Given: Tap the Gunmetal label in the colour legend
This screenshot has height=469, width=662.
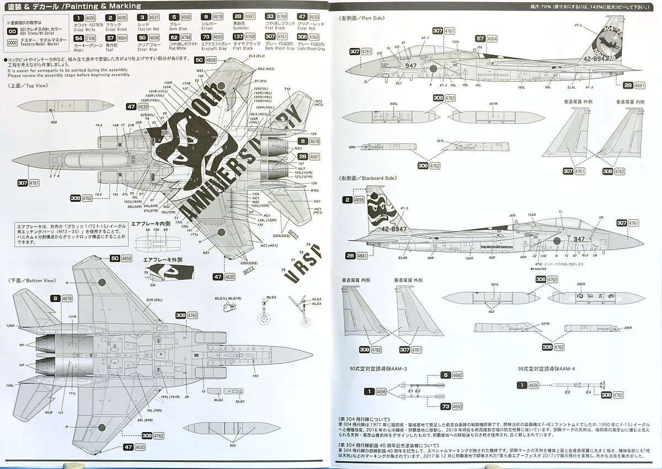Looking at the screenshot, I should click(x=241, y=29).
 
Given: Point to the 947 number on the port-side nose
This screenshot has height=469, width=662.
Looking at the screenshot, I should click(x=410, y=65).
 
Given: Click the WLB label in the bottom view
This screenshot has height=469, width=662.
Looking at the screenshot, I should click(x=49, y=411).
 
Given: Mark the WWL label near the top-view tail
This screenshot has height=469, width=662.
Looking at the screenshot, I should click(x=315, y=191).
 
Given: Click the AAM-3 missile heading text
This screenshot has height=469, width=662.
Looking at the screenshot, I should click(x=381, y=368).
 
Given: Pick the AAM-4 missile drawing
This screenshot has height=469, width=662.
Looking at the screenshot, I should click(x=568, y=385).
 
